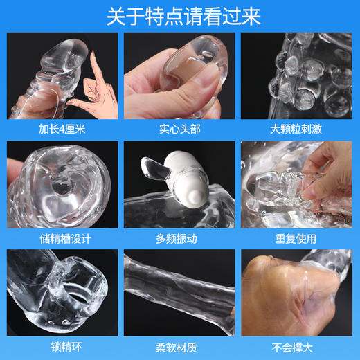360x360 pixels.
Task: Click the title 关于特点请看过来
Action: [180, 17]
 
